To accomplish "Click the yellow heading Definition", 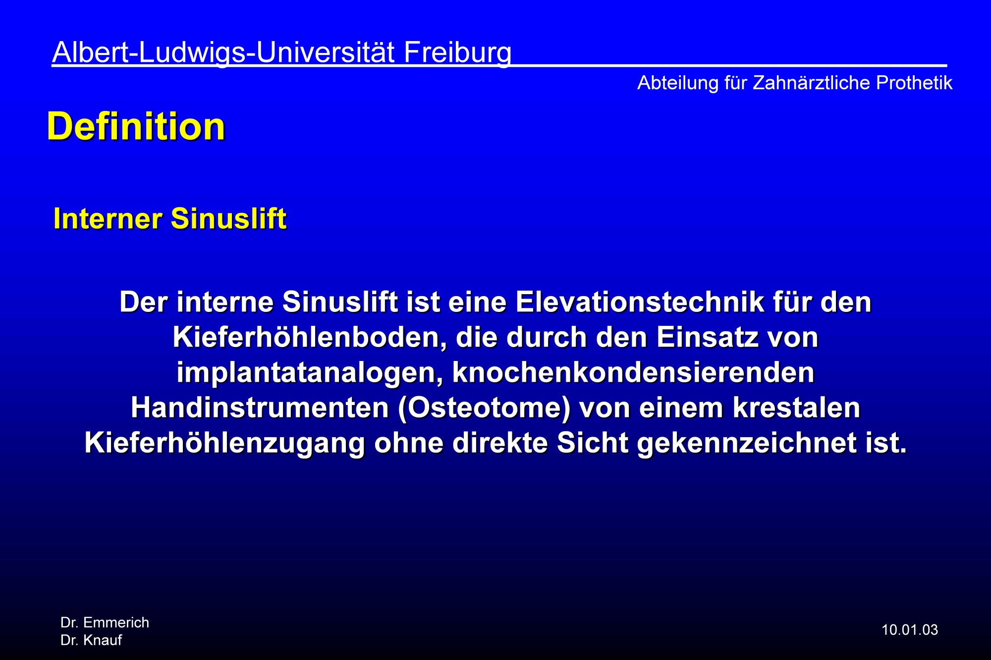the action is pos(136,126).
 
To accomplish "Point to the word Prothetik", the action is pos(914,83).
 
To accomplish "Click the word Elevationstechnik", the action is pos(640,302).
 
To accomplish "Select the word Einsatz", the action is pos(707,338).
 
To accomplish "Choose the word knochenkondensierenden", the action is pos(633,373).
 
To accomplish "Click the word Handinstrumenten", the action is pos(260,408).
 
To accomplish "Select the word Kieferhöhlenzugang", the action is pos(224,443).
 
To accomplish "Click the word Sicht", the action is pos(593,443).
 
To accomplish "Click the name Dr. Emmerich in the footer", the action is pos(105,622).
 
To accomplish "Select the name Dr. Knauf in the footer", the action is pos(91,640).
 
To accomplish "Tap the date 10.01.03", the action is pos(910,630).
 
